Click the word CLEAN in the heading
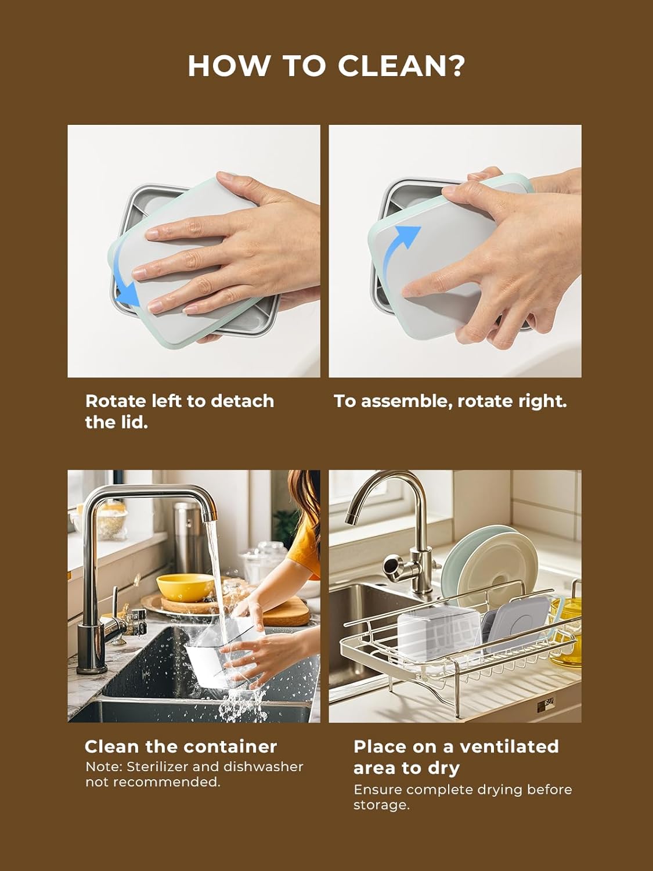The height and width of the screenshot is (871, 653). pyautogui.click(x=393, y=66)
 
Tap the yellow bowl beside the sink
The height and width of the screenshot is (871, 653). pyautogui.click(x=185, y=586)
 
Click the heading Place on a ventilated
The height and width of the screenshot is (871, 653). pyautogui.click(x=456, y=746)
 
